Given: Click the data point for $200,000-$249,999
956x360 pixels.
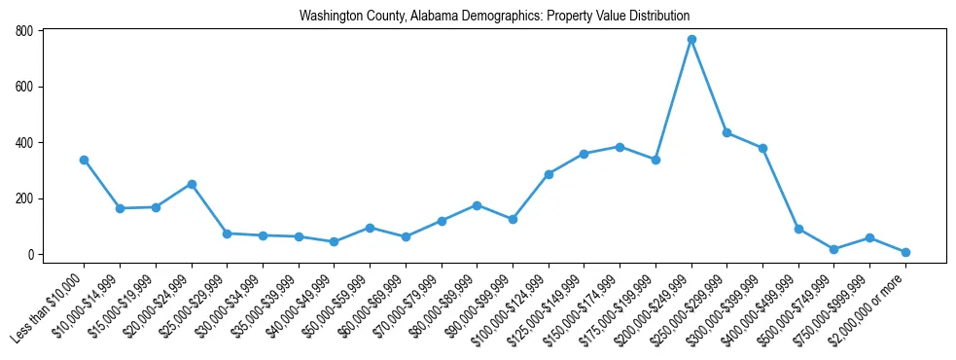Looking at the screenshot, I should pos(691,40).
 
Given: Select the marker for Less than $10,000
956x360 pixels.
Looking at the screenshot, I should pos(84,160).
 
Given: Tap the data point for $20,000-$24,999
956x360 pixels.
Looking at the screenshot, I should pos(192,184).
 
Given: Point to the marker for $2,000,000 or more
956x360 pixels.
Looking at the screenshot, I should pos(905,252).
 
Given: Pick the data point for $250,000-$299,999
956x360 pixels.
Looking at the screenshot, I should pos(727,133).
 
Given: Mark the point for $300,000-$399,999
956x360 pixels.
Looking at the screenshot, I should pos(763,149).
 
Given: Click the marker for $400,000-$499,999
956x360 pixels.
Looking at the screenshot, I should pos(798,230).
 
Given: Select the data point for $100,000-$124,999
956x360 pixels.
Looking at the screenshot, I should pos(549,174).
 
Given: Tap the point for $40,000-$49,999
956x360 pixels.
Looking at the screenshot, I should pos(335,241).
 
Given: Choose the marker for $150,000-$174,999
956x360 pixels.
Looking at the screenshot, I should pos(620,147).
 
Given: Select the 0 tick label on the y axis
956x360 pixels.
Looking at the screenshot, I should pos(31,255).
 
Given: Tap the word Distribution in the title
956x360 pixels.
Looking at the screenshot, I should pos(655,17).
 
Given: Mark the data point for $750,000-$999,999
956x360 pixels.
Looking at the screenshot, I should pos(870,238).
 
